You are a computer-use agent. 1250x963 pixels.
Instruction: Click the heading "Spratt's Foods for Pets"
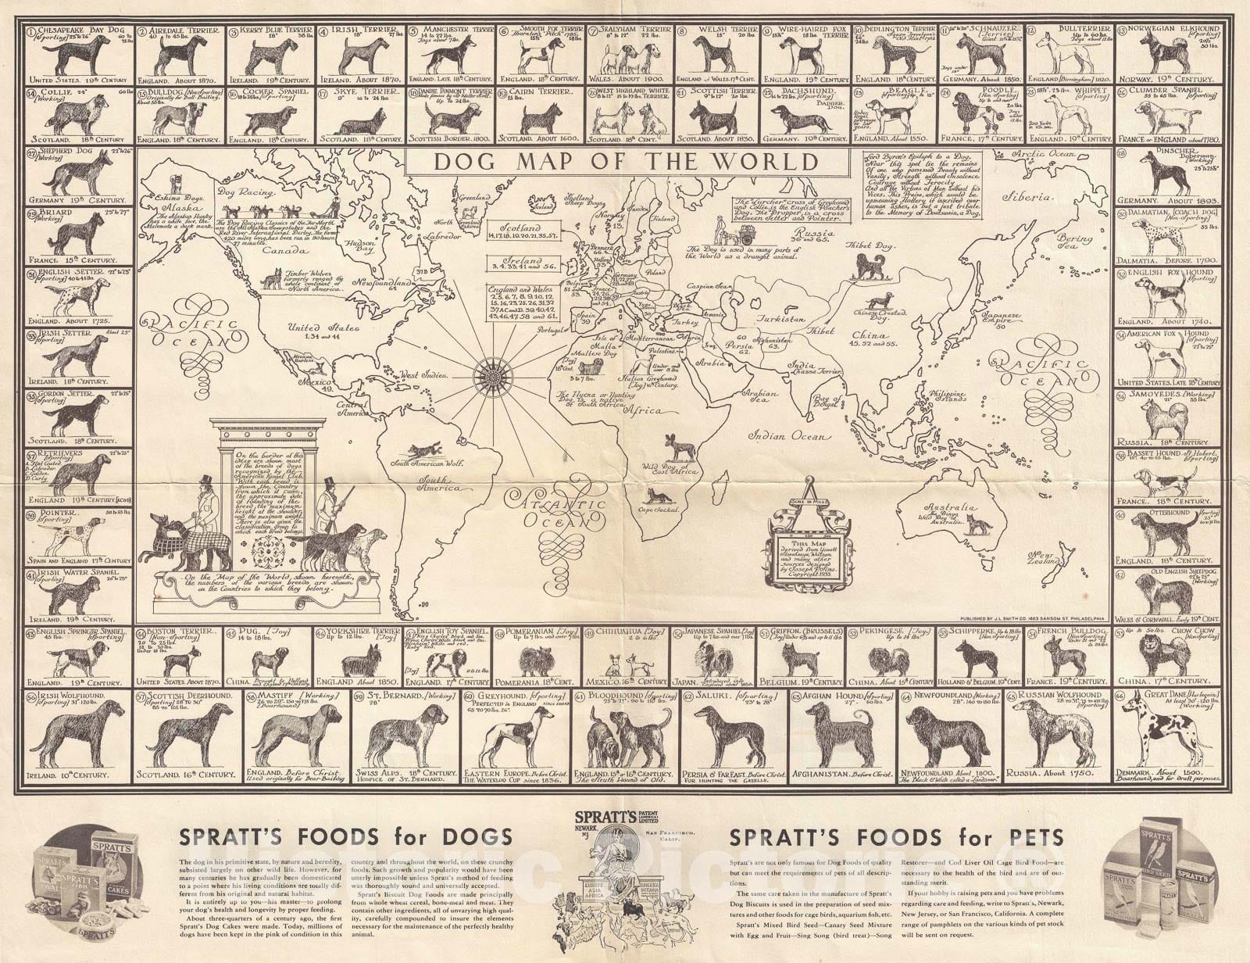point(895,838)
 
